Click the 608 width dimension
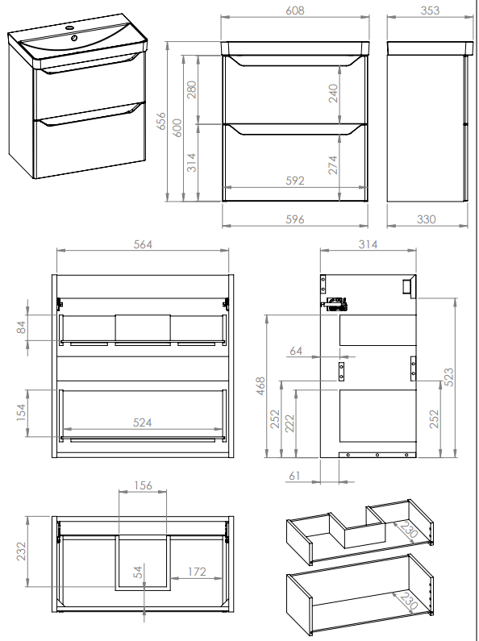coord(294,10)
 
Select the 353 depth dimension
coord(430,10)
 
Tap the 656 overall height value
coord(161,121)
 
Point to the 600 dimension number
coord(177,127)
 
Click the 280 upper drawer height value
coord(191,89)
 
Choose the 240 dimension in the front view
coord(334,94)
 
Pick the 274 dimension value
coord(334,164)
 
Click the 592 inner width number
coord(294,181)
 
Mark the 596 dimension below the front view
coord(294,219)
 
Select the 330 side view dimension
coord(427,219)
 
